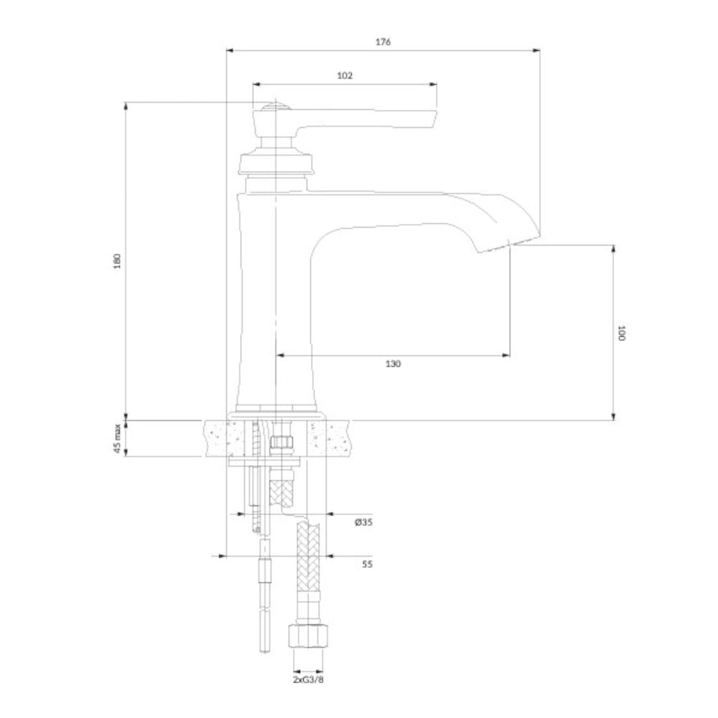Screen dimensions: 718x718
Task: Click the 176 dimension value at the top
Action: click(x=383, y=42)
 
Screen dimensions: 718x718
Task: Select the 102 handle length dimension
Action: click(x=345, y=75)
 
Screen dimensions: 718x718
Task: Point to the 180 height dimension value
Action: click(x=118, y=261)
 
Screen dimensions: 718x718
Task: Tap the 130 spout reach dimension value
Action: click(x=393, y=363)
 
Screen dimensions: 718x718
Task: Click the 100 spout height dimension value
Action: click(x=621, y=333)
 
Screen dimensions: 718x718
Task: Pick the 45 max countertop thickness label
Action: click(x=118, y=439)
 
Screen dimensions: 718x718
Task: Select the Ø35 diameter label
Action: click(x=363, y=522)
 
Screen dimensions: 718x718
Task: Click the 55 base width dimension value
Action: click(x=367, y=564)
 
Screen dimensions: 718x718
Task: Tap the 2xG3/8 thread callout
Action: click(x=308, y=679)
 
